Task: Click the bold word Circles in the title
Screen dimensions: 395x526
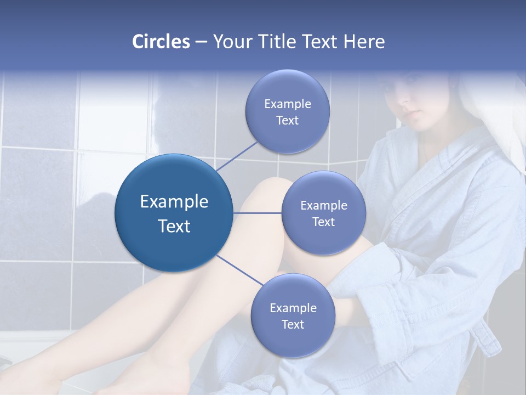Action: coord(161,42)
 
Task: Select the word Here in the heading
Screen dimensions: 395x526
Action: coord(364,42)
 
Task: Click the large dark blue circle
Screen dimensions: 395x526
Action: coord(174,213)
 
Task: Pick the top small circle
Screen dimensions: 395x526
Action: coord(287,111)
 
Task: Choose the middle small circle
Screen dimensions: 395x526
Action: coord(323,213)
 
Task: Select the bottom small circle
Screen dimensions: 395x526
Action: coord(293,315)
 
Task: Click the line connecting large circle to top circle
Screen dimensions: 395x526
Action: coord(237,156)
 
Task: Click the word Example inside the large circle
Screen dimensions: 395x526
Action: coord(174,202)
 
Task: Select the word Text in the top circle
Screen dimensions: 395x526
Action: coord(287,120)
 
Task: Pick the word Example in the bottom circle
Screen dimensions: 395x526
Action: coord(293,308)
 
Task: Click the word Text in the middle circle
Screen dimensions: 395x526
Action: coord(323,222)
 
